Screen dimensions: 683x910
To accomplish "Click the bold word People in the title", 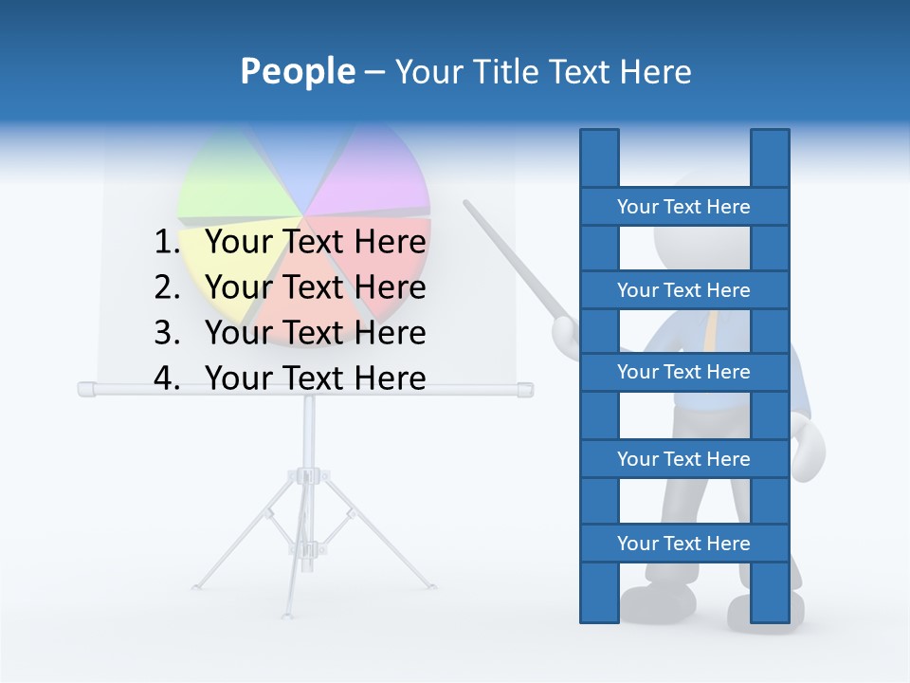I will point(297,72).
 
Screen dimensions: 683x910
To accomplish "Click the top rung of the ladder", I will point(683,206).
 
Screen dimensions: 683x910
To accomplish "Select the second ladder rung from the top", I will point(683,289).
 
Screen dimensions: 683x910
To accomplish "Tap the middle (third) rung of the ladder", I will point(683,372).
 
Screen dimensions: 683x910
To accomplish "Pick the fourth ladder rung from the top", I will point(683,458).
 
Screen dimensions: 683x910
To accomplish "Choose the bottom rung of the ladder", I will point(683,543).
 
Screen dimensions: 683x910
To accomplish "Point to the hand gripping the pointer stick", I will point(566,332).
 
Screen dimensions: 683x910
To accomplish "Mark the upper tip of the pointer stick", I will point(466,202).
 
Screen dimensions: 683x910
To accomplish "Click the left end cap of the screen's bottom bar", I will point(85,389).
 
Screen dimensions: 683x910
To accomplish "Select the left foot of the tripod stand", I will point(197,585).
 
